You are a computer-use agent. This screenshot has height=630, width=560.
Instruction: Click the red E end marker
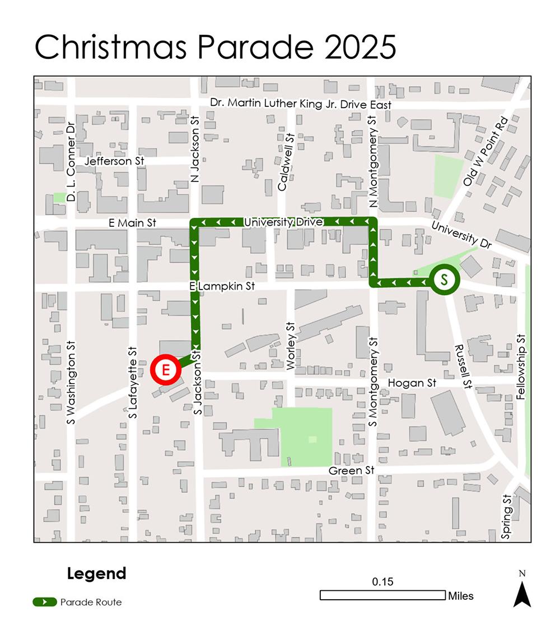(166, 370)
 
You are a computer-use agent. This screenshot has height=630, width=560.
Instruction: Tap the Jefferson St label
(114, 161)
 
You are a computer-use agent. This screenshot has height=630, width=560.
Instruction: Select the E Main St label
(133, 223)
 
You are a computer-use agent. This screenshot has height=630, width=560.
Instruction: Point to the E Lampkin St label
(222, 286)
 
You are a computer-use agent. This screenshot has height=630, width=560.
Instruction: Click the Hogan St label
(412, 383)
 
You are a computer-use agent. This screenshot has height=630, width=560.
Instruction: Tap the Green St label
(351, 470)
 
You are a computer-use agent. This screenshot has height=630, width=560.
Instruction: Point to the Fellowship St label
(521, 367)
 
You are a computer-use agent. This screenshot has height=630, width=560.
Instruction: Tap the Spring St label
(507, 517)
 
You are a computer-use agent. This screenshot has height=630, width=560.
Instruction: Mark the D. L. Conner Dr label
(71, 162)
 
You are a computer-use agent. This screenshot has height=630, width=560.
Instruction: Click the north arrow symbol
(522, 592)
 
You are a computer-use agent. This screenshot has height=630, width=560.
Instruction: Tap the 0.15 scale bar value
(383, 582)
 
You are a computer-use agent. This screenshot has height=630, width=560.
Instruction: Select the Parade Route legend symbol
(45, 602)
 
